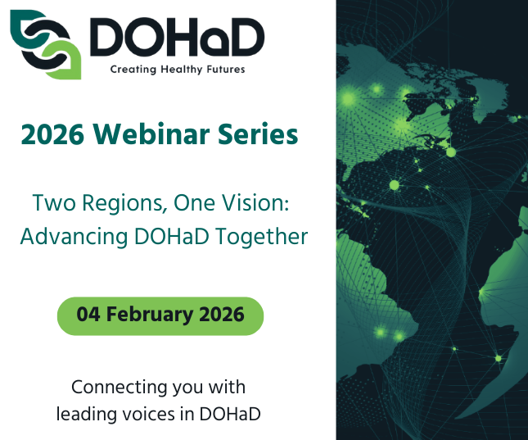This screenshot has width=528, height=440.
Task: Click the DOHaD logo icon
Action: [x=45, y=45]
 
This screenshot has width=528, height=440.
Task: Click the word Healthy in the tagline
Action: [x=180, y=70]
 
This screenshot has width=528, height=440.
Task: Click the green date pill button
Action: [x=160, y=315]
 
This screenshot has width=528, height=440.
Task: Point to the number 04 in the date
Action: [x=88, y=315]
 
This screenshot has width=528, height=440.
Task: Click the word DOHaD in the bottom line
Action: [x=230, y=414]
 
